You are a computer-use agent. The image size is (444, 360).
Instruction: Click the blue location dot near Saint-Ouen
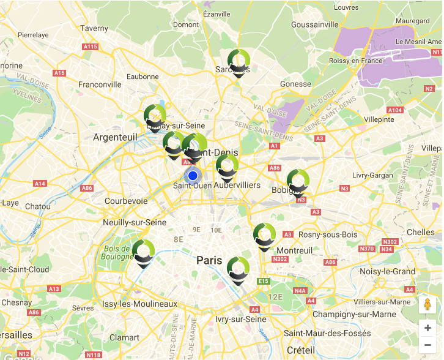pos(193,176)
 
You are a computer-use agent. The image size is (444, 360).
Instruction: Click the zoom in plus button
pos(427,328)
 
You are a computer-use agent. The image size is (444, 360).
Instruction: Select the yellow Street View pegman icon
pos(427,306)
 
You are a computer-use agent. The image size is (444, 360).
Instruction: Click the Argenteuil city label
pos(115,138)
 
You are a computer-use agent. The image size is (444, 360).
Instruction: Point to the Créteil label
pos(300,350)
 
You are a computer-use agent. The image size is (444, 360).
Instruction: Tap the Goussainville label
pos(315,24)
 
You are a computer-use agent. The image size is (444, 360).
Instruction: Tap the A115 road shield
pos(91,47)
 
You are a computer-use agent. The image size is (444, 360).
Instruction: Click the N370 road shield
pos(367,249)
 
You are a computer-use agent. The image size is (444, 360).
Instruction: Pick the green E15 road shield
pos(264,281)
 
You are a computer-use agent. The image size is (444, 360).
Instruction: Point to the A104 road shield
pos(395,110)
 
